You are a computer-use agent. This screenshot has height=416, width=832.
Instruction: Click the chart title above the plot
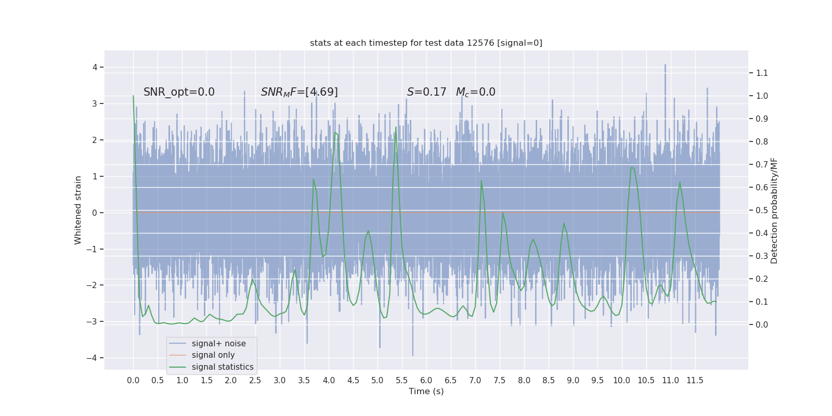426,43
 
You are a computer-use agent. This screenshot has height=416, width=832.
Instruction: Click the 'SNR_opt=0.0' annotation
179,92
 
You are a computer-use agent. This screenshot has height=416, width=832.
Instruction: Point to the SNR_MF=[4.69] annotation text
299,92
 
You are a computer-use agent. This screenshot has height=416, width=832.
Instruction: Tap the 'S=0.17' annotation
426,92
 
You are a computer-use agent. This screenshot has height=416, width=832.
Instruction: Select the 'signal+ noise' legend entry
218,344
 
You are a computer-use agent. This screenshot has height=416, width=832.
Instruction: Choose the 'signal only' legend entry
213,355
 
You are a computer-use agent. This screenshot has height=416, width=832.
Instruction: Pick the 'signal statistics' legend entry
223,367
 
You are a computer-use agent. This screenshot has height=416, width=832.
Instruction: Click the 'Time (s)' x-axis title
426,391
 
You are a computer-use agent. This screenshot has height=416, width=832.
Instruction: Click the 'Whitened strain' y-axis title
78,210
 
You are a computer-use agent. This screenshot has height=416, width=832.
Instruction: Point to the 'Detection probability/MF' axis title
774,211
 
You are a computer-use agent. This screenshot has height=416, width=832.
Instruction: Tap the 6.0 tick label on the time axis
426,380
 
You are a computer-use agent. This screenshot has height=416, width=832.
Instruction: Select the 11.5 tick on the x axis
695,380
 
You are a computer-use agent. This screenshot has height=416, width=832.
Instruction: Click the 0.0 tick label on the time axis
133,380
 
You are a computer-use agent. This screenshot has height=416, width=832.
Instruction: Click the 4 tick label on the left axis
95,67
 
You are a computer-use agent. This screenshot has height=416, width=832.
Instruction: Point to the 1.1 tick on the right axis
762,73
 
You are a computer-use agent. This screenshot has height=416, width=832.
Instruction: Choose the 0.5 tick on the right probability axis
762,210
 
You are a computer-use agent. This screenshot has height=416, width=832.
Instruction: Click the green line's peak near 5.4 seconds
396,127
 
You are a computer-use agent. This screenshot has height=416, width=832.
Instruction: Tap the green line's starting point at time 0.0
133,96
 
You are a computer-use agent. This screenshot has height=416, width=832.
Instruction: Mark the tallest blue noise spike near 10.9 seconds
665,65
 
